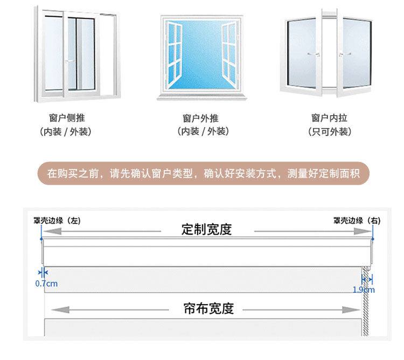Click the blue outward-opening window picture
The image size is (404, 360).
pos(201,55)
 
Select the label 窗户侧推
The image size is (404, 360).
pos(67,118)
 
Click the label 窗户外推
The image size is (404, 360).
pos(201,118)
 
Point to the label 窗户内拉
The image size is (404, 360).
pos(329,118)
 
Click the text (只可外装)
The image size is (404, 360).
pos(329,132)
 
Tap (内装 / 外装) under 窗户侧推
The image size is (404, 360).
pos(67,132)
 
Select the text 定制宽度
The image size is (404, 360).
pos(207,229)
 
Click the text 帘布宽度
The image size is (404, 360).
pos(208,309)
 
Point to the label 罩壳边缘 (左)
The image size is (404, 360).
pos(56,220)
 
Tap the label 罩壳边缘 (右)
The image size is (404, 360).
pos(356,220)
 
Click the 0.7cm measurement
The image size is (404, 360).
pos(46,284)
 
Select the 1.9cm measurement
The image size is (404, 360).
pos(363,290)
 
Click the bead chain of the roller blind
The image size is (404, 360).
pos(366,307)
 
